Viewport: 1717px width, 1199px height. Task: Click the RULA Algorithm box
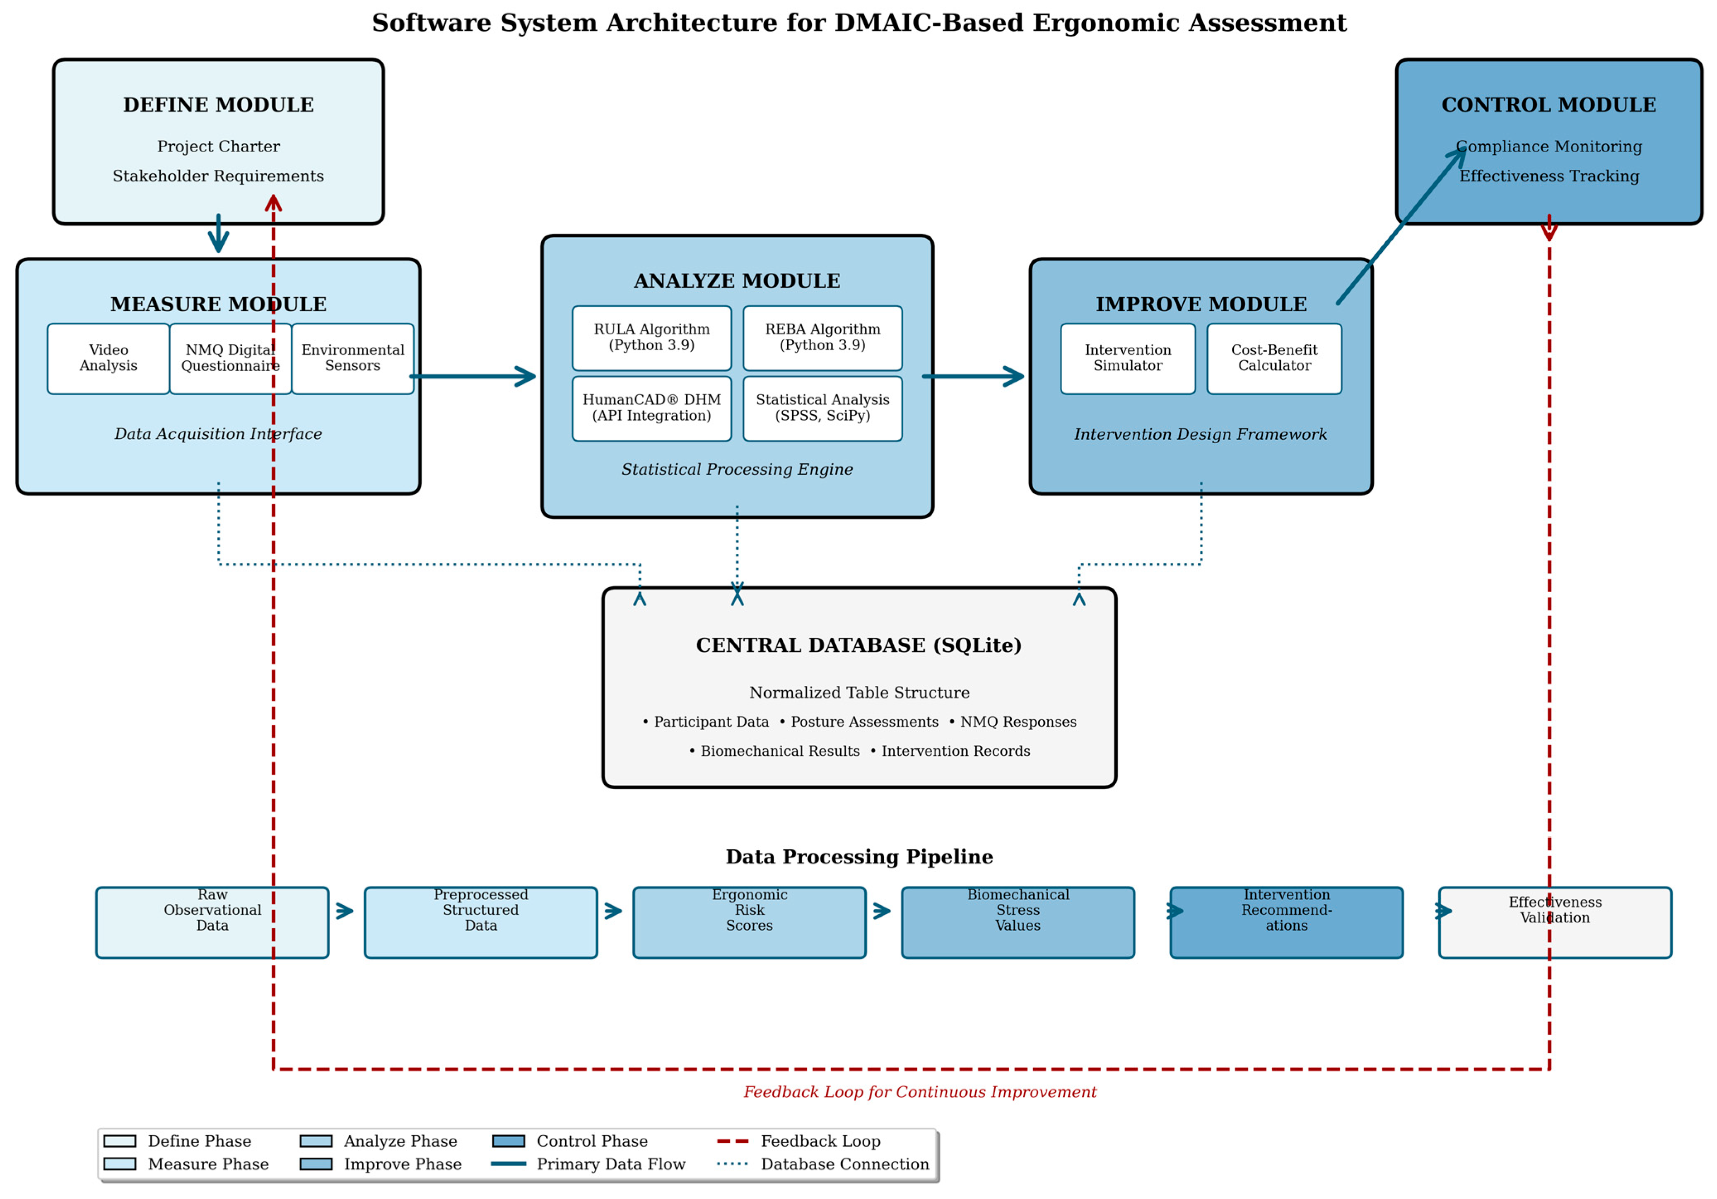651,337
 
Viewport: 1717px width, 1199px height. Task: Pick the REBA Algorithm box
822,337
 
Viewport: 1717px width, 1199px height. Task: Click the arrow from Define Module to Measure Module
218,234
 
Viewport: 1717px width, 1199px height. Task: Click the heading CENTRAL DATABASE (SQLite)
858,645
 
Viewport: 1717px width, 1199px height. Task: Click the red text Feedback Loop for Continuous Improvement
919,1092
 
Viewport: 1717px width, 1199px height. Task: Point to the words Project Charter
218,147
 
